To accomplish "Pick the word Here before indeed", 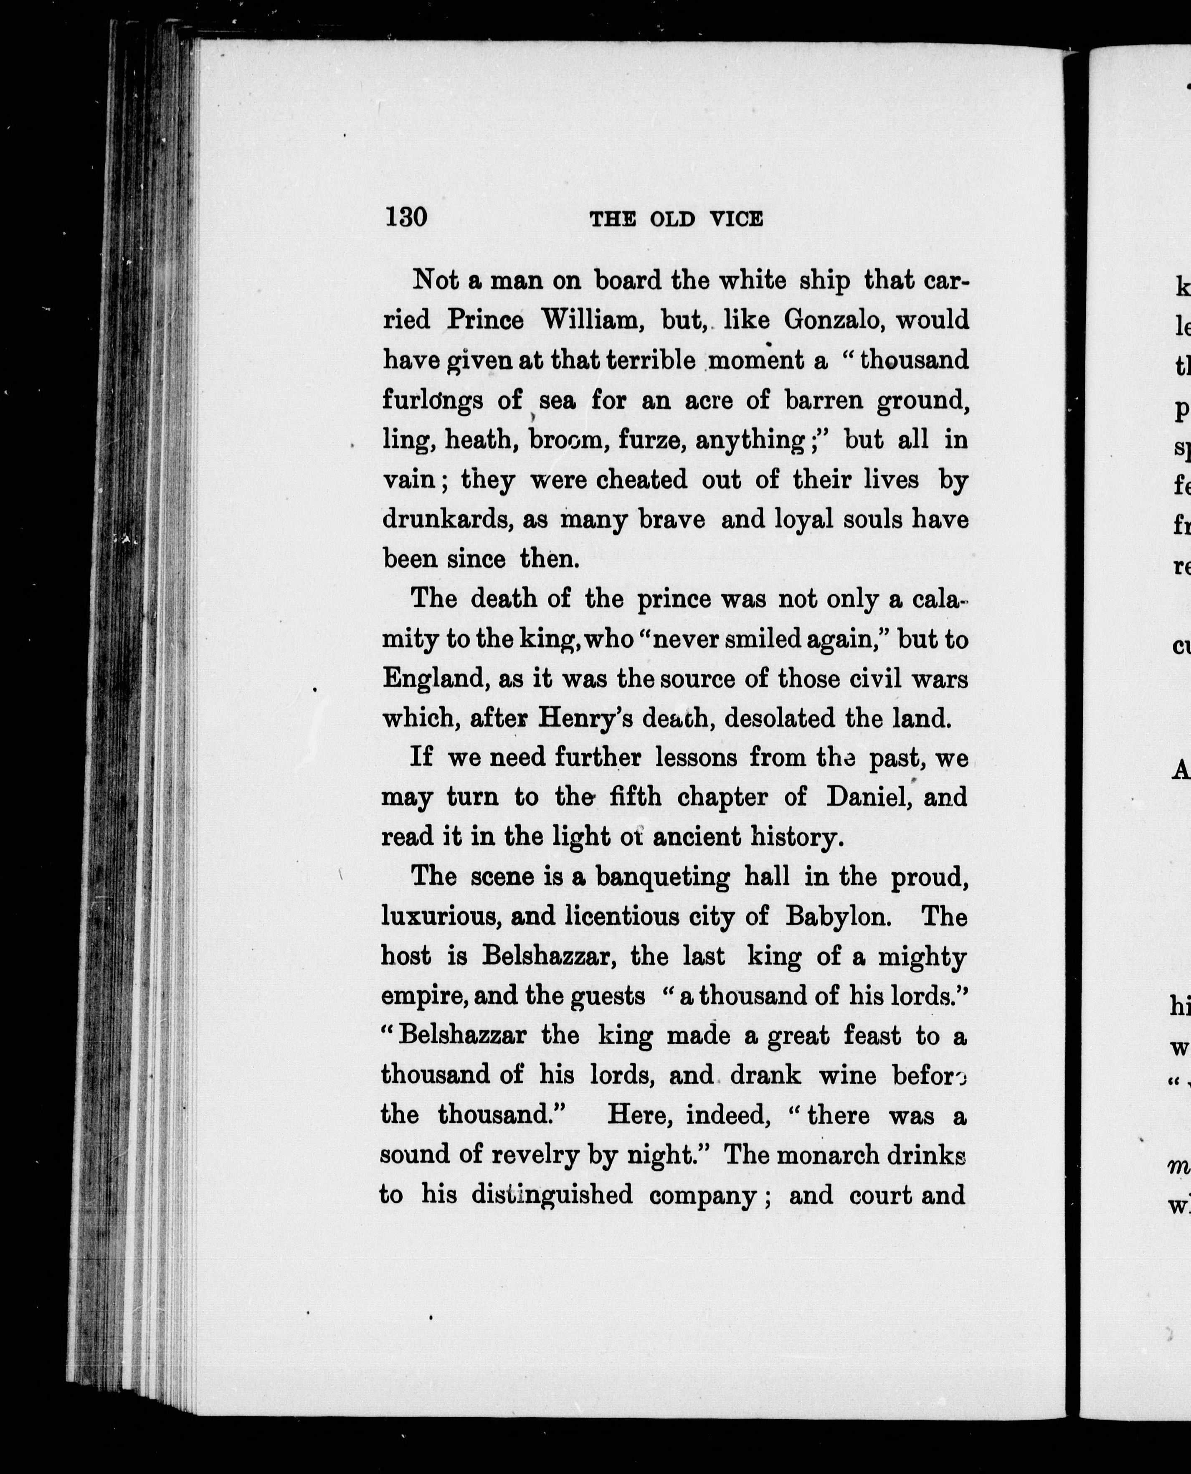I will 636,1115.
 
